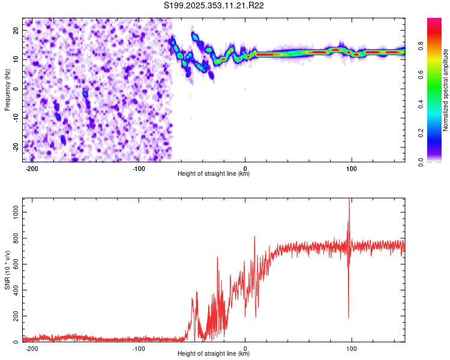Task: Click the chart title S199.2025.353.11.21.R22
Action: pos(214,5)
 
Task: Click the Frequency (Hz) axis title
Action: pos(8,89)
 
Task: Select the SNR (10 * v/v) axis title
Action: pos(8,269)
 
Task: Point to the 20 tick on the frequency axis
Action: pos(16,30)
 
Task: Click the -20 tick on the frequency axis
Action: pos(15,147)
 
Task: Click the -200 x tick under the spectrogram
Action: pos(32,169)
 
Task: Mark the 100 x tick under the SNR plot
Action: pos(352,349)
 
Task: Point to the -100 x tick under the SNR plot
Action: pos(139,349)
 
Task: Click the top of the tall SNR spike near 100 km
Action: pos(349,200)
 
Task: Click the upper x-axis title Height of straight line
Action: pos(214,174)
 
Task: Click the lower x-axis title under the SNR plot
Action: pos(214,354)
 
